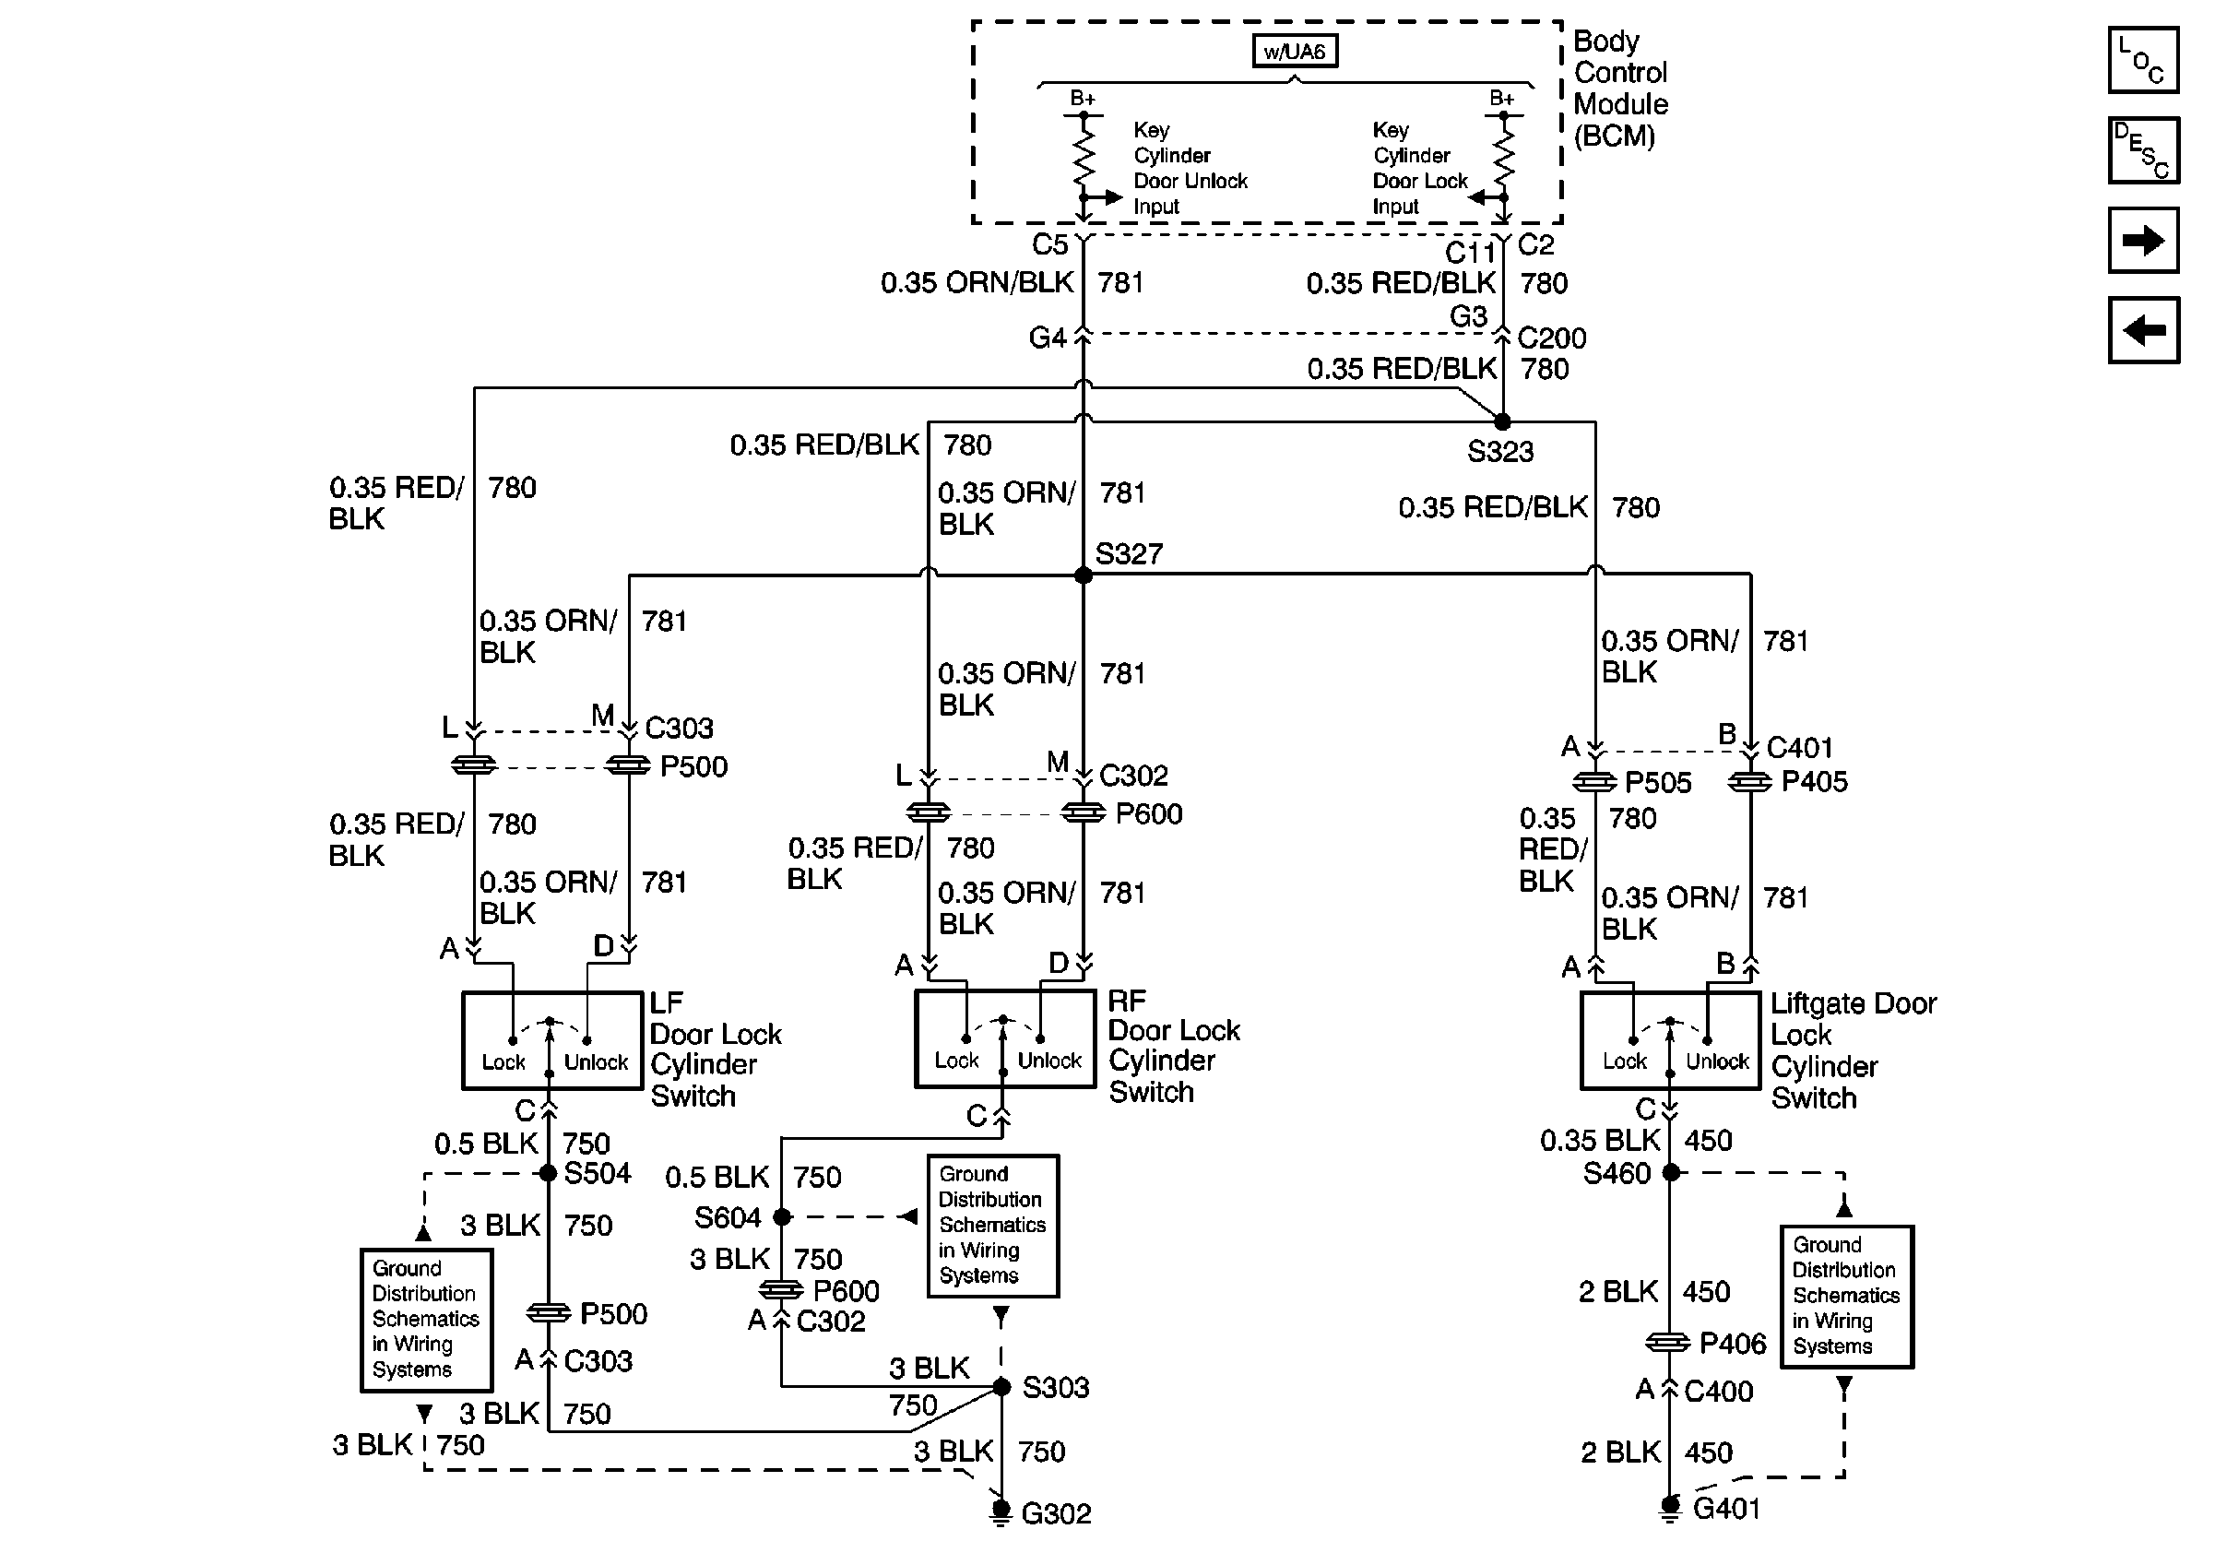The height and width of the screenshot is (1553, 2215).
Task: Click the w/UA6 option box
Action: coord(1294,51)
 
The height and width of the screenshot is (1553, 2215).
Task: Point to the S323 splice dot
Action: coord(1502,421)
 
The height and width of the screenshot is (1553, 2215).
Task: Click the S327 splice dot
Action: coord(1084,575)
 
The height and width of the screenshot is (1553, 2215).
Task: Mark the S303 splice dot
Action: coord(1001,1387)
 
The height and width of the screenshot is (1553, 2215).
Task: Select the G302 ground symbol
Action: coord(1001,1511)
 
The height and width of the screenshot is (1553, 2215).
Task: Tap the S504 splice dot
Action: coord(548,1173)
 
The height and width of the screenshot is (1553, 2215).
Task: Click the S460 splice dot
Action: coord(1671,1173)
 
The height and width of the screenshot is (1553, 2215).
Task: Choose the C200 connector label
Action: coord(1551,338)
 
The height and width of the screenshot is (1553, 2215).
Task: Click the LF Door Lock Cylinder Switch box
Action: coord(551,1041)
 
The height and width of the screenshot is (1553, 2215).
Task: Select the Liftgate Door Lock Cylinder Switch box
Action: coord(1670,1041)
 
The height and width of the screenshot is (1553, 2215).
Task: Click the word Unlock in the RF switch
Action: coord(1049,1061)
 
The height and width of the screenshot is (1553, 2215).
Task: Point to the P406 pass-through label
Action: coord(1732,1344)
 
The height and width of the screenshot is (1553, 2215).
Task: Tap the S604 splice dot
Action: coord(782,1217)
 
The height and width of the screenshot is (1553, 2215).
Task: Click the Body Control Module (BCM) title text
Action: coord(1620,89)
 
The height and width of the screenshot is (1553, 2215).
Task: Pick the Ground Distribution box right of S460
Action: coord(1845,1297)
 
